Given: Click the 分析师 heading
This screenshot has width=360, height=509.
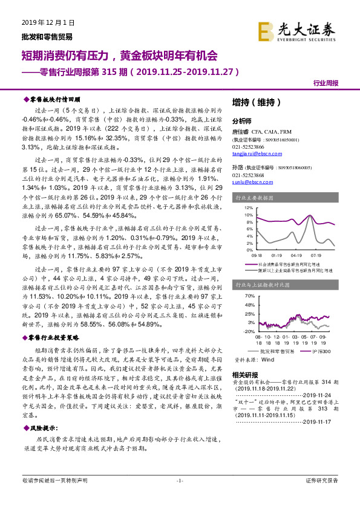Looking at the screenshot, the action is click(241, 121).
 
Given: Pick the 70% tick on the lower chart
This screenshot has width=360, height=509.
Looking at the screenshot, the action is click(249, 297).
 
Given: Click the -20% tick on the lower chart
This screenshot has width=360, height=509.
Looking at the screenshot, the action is click(249, 331).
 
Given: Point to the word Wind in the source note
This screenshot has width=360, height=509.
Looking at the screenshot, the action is click(267, 358).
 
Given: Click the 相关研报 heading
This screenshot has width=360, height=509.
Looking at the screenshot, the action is click(244, 375).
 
